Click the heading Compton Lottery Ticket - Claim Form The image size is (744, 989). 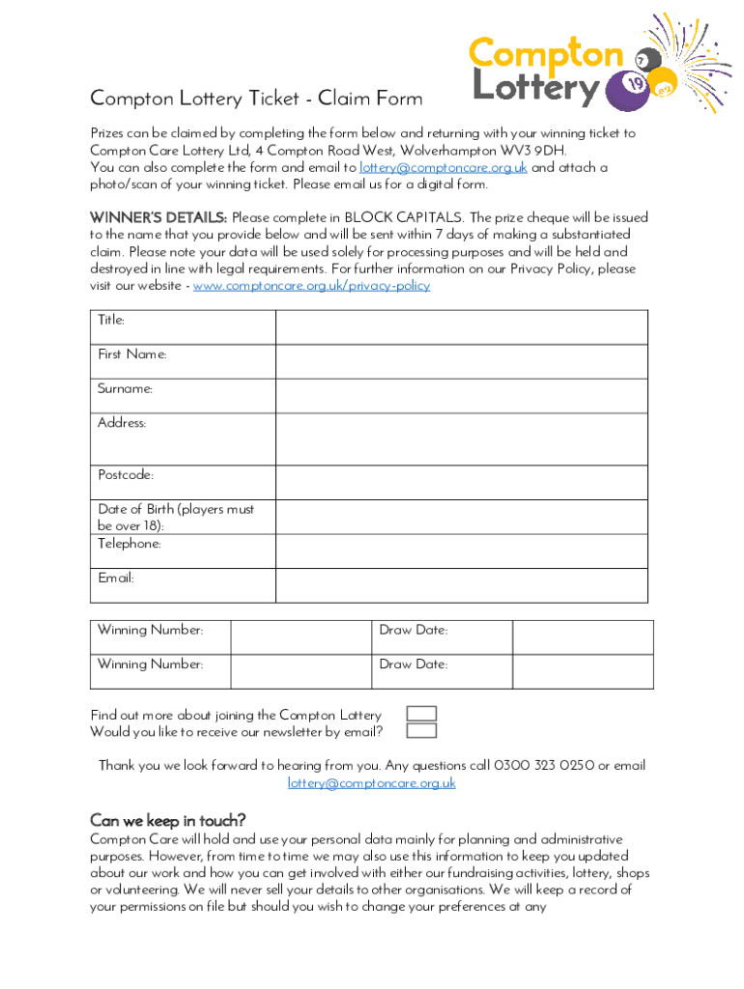(256, 99)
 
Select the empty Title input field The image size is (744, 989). (461, 327)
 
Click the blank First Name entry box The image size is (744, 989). (461, 361)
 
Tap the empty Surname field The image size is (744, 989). (461, 396)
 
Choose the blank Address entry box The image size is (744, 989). (461, 439)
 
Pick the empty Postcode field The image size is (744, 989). (461, 482)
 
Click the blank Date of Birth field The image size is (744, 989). (461, 517)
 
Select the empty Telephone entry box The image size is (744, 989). (461, 551)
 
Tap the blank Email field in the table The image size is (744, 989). (461, 585)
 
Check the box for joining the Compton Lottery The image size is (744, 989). (421, 714)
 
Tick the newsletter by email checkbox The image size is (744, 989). (421, 731)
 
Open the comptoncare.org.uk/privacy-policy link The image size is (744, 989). (312, 286)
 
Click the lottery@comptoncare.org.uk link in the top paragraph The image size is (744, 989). (444, 168)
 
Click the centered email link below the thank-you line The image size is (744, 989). (372, 783)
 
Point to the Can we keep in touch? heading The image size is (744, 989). (168, 820)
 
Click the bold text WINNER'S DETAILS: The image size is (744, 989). (158, 217)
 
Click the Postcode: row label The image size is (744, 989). (126, 475)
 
